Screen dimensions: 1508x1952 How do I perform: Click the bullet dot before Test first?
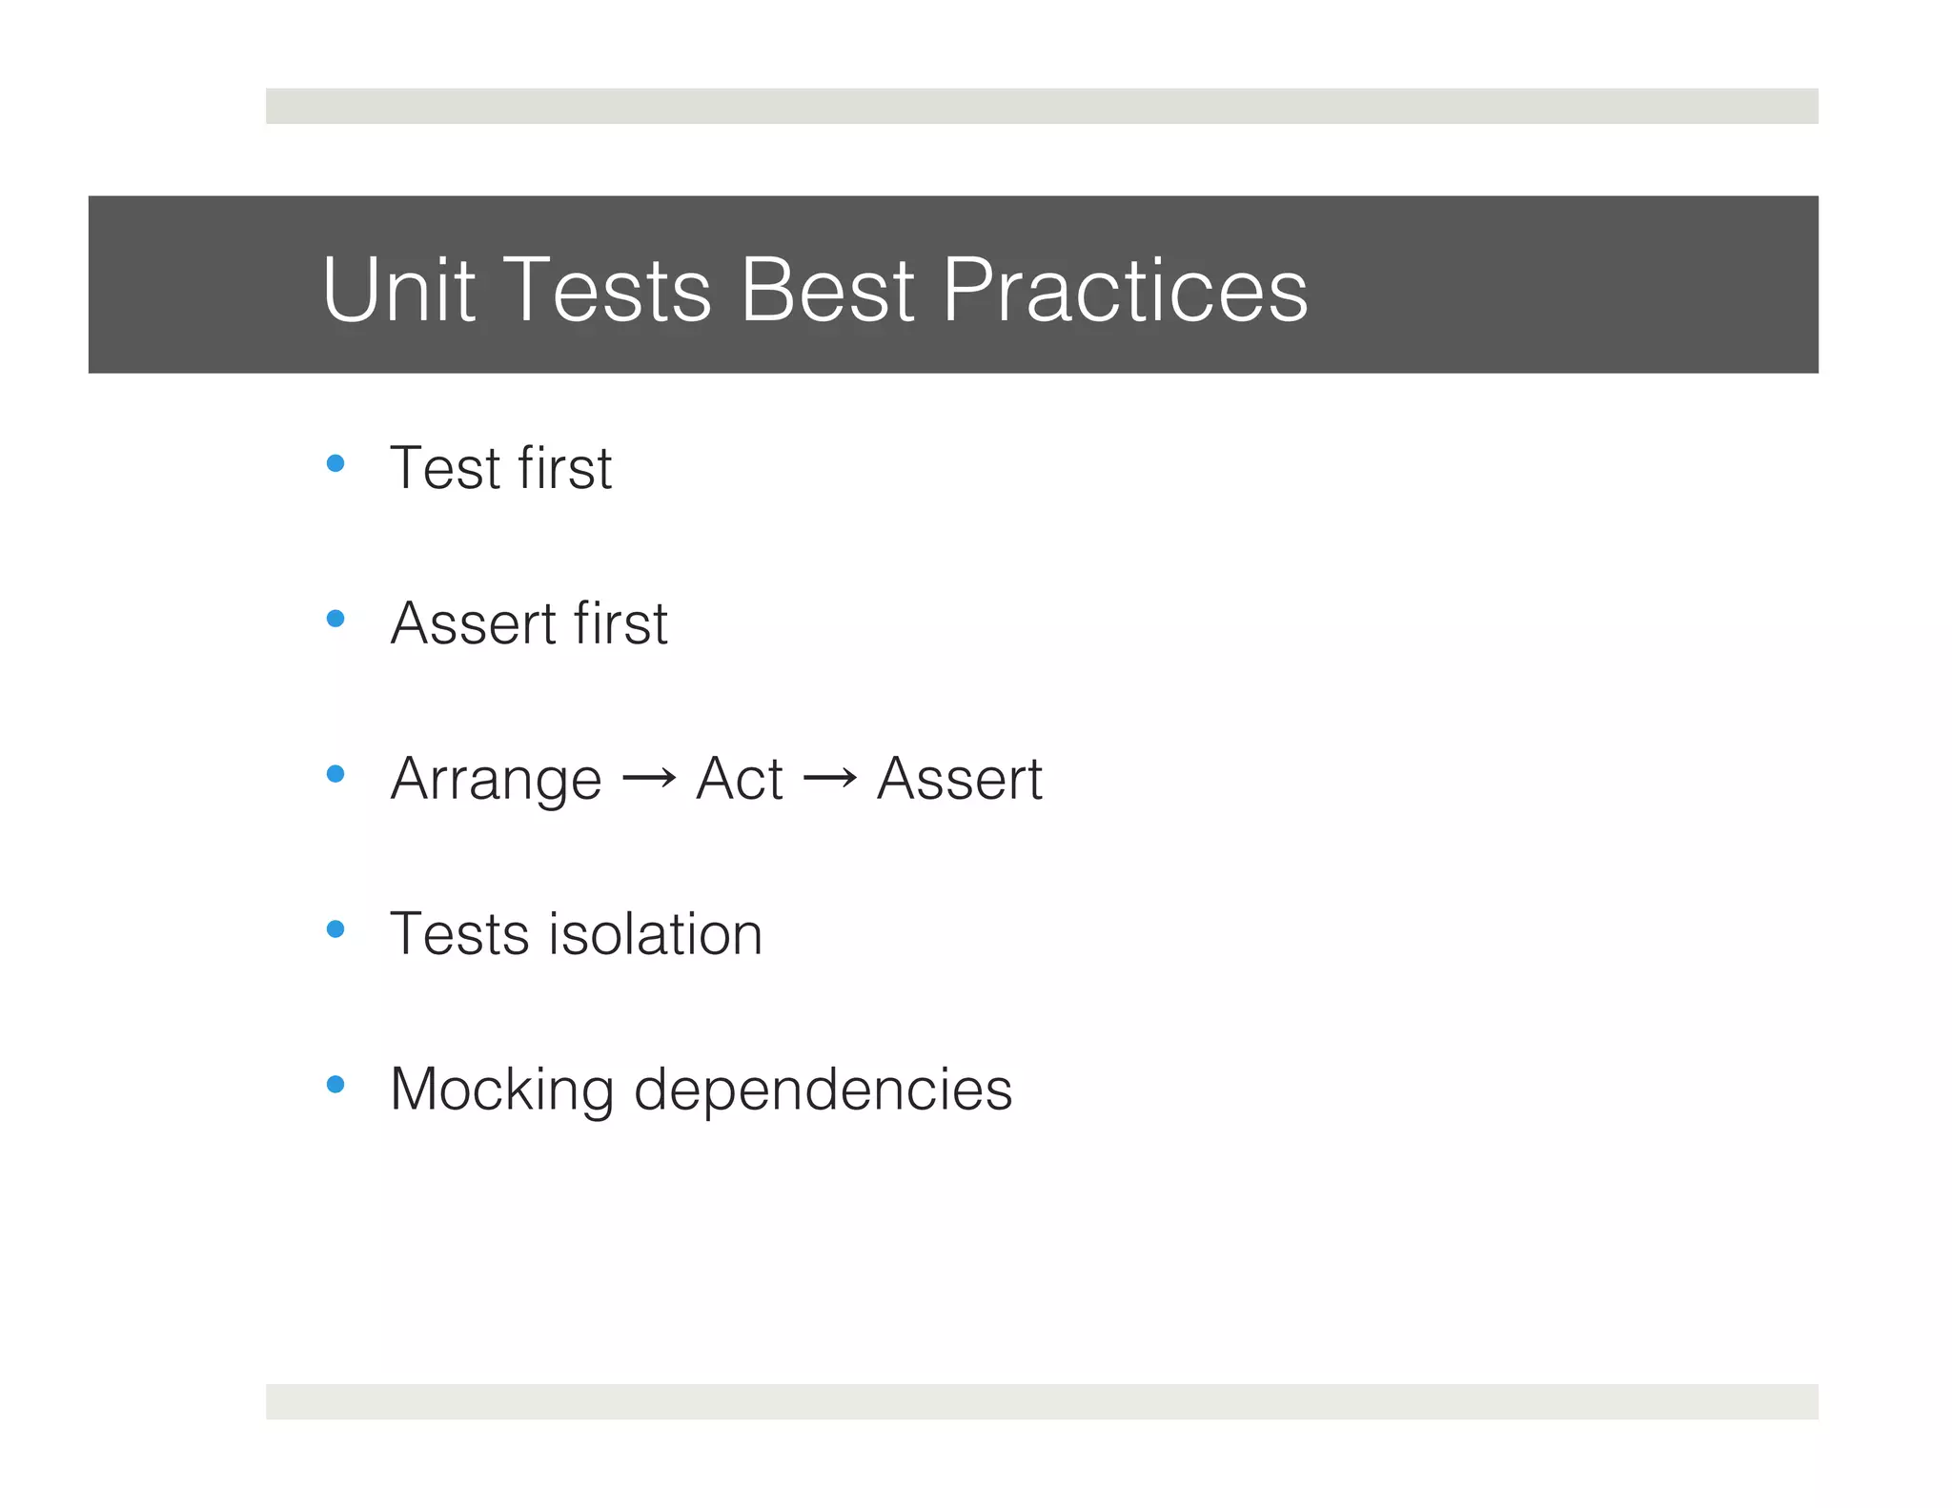[335, 464]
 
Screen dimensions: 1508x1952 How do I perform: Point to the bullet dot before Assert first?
[335, 620]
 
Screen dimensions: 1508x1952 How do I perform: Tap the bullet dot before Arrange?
[335, 774]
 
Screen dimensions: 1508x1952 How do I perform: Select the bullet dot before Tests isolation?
[335, 929]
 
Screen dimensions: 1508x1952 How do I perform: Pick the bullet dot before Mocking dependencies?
[335, 1085]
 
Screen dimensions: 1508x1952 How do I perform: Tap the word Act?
[739, 779]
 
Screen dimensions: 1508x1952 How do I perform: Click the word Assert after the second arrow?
[959, 779]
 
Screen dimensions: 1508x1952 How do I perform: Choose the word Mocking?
[501, 1091]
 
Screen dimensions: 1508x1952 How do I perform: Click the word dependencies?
[823, 1091]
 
